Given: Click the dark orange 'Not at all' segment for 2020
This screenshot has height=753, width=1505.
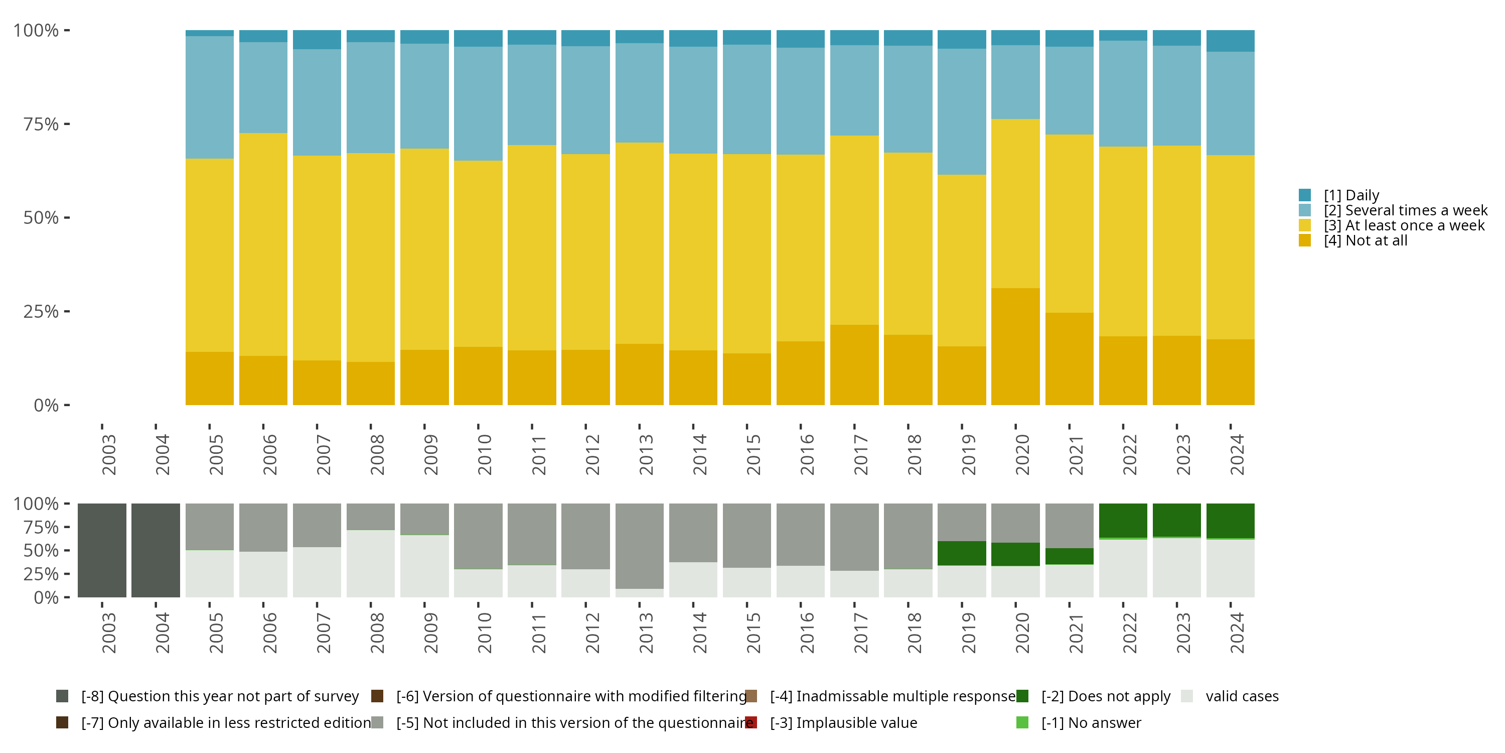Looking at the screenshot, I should [1015, 346].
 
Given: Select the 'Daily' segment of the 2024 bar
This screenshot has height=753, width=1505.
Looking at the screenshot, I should [1231, 41].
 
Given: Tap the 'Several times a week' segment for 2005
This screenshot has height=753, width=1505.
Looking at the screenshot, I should [210, 97].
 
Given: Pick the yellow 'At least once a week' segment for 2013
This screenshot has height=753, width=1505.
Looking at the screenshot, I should [639, 242].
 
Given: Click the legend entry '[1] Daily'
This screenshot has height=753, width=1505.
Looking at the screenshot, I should [1351, 195].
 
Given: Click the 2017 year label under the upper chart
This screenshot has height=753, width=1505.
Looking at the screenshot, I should [860, 454].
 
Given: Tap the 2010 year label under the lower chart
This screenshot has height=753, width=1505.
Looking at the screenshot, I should [484, 633].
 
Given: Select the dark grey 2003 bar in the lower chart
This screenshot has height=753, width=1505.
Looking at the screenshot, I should [102, 550].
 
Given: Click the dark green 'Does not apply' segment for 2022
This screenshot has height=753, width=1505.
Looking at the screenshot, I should [1123, 520].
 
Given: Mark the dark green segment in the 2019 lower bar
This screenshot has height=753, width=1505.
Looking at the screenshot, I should [962, 553].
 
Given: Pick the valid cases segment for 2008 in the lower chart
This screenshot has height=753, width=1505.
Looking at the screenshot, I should [370, 564].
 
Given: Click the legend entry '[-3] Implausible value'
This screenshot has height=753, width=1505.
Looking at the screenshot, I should [844, 723].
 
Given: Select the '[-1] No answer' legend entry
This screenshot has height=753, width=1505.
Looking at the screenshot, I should [1091, 723].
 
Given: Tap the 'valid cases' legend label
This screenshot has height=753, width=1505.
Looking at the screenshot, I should [1242, 696].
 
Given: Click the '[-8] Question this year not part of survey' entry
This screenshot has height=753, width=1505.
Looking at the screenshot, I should [220, 696].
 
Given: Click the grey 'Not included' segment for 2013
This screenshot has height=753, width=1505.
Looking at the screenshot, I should [639, 546].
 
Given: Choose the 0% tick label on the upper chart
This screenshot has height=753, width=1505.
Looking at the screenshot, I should [46, 405].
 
